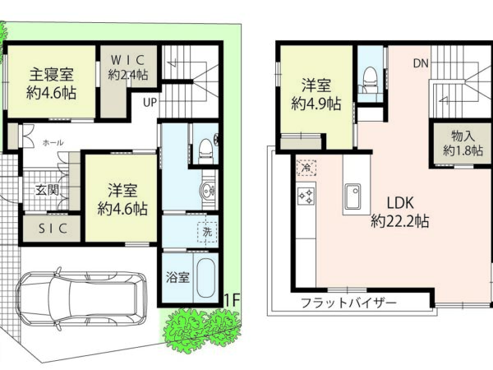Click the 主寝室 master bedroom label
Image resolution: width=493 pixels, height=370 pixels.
pyautogui.click(x=52, y=74)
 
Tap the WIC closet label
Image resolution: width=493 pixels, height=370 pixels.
pyautogui.click(x=128, y=60)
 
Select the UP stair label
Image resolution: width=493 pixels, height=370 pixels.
pyautogui.click(x=150, y=102)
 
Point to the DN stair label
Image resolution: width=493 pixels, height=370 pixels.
pyautogui.click(x=421, y=63)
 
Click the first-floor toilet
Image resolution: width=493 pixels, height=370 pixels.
pyautogui.click(x=205, y=150)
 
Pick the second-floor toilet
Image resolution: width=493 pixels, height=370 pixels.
pyautogui.click(x=370, y=81)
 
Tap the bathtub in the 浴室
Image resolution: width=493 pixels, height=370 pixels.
pyautogui.click(x=206, y=278)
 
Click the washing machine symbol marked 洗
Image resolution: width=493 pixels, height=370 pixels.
pyautogui.click(x=207, y=232)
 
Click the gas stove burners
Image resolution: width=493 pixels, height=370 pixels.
pyautogui.click(x=306, y=196)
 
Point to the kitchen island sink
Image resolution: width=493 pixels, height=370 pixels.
pyautogui.click(x=352, y=197)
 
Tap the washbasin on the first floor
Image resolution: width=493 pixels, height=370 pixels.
pyautogui.click(x=207, y=191)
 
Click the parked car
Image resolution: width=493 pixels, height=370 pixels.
pyautogui.click(x=81, y=297)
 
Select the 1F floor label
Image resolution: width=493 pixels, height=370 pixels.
pyautogui.click(x=232, y=301)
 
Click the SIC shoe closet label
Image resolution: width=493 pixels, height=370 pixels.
pyautogui.click(x=53, y=229)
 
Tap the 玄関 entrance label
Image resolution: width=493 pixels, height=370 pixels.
pyautogui.click(x=47, y=190)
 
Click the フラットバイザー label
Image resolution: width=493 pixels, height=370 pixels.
pyautogui.click(x=348, y=303)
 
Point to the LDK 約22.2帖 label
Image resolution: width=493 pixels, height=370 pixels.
pyautogui.click(x=400, y=212)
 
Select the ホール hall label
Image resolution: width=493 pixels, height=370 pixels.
pyautogui.click(x=53, y=143)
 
